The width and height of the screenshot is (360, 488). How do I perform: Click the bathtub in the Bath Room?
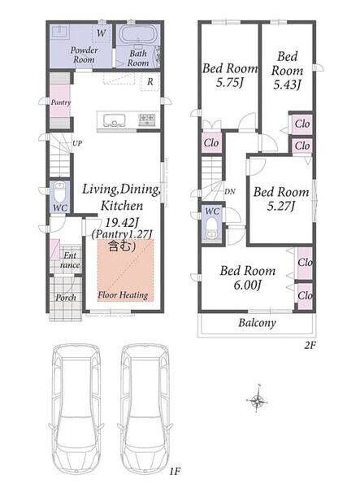137,34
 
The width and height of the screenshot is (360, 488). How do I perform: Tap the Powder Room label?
84,54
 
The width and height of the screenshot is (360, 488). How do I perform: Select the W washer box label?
101,33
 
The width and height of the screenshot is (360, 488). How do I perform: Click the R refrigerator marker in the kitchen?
150,81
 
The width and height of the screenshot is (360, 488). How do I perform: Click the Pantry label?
61,102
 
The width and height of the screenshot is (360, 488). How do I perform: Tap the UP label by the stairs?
77,143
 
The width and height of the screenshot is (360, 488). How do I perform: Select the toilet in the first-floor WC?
59,192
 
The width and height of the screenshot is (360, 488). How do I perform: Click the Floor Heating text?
123,294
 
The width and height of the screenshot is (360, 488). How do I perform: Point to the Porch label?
66,298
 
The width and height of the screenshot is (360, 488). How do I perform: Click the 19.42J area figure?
121,222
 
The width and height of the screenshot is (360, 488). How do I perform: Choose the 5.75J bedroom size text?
230,83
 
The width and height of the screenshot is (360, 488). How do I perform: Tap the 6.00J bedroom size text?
247,285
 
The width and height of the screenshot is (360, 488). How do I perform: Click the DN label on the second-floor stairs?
230,191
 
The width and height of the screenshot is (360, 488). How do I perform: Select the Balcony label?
257,323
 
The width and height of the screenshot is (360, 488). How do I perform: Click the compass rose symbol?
258,400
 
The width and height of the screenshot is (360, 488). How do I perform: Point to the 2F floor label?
310,346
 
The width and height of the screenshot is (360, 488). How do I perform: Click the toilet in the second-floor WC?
212,228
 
